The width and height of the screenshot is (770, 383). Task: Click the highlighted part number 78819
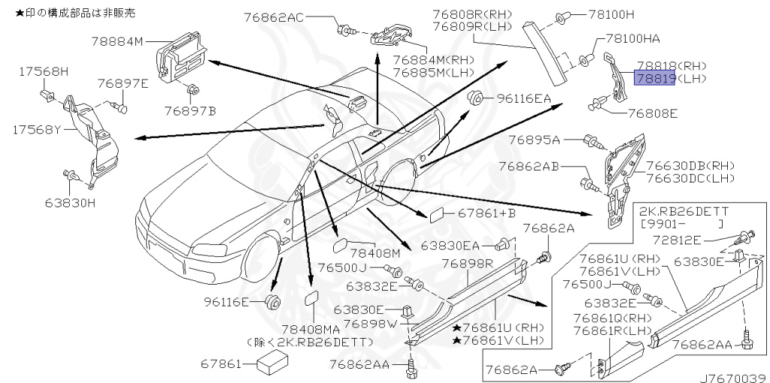point(653,78)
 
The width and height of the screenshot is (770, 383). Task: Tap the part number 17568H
point(42,71)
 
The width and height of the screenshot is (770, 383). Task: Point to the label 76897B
point(190,111)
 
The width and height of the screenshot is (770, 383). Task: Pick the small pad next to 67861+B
point(436,216)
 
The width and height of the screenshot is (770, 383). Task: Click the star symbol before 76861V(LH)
point(456,340)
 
